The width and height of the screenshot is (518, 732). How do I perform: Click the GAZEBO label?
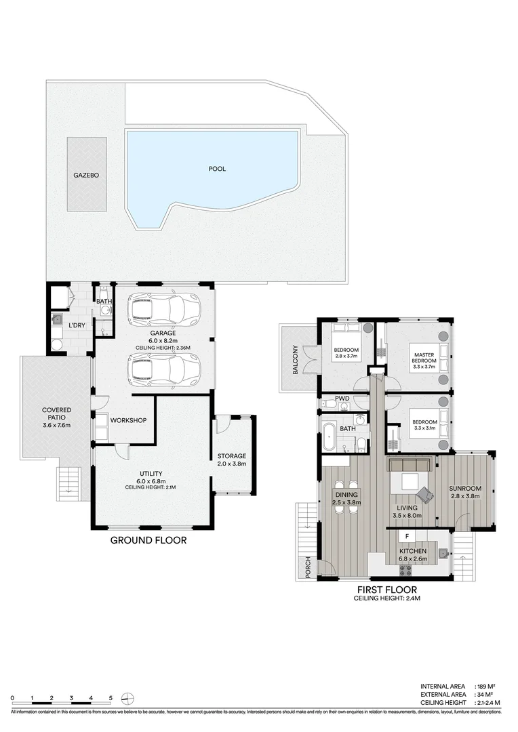(x=87, y=175)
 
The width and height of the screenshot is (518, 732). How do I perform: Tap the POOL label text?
(x=217, y=169)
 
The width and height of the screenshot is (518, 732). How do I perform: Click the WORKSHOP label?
(x=128, y=421)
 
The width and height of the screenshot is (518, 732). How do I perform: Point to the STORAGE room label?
(x=231, y=455)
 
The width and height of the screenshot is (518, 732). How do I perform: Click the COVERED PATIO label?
(x=56, y=415)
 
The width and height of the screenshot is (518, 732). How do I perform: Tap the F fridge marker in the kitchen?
(x=407, y=537)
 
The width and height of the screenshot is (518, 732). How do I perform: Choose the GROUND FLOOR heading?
(x=148, y=540)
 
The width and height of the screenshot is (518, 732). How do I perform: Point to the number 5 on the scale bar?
(x=111, y=697)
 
